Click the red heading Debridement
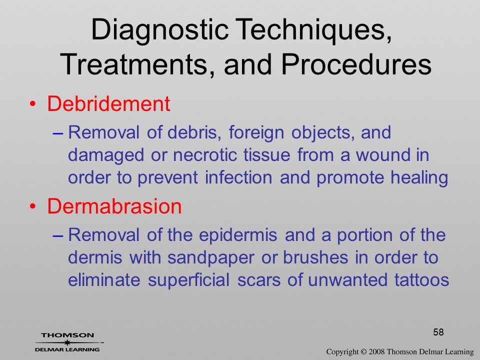coord(108,103)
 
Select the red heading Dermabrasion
coord(114,206)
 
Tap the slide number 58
coord(438,332)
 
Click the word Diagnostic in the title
coord(160,29)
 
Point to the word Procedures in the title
coord(356,64)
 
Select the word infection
coord(238,177)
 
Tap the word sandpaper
coord(210,258)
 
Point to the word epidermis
coord(238,235)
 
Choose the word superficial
coord(188,279)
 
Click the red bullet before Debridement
coord(32,104)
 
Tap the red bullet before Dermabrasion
coord(32,206)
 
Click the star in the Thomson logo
coord(67,342)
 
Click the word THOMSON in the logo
coord(67,335)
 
